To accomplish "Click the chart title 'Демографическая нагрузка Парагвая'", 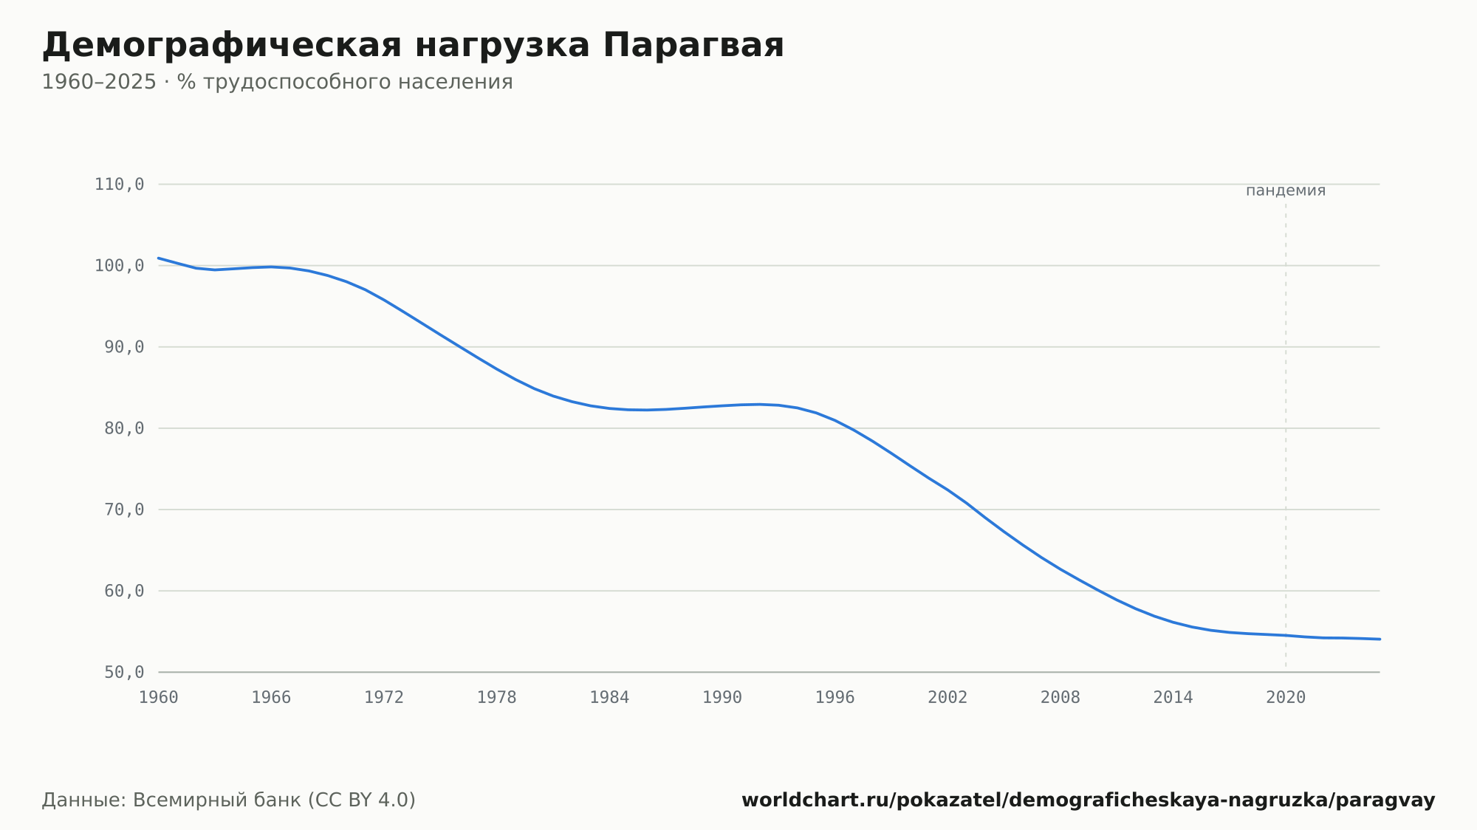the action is tap(413, 46).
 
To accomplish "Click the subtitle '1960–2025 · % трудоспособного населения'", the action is tap(277, 82).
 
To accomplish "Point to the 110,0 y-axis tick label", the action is tap(119, 185).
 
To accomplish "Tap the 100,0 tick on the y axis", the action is tap(119, 266).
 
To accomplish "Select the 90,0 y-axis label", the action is tap(124, 347).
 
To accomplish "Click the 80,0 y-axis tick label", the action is tap(124, 428).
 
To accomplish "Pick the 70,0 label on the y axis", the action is tap(124, 510).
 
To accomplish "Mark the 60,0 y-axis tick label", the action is tap(124, 591).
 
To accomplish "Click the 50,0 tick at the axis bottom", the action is tap(124, 672).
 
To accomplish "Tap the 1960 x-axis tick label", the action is tap(159, 698).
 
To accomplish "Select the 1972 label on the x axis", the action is tap(384, 698).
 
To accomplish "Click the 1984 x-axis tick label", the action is tap(609, 698).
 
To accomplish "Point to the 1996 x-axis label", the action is tap(835, 698).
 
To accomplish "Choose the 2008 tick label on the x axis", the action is tap(1060, 698).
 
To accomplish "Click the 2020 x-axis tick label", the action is tap(1286, 698).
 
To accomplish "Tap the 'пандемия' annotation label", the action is tap(1286, 191).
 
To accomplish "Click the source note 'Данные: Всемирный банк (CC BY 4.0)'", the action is tap(229, 800).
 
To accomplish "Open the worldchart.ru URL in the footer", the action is tap(1089, 800).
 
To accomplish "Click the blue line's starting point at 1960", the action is tap(159, 258).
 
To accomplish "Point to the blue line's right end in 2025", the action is tap(1380, 639).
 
